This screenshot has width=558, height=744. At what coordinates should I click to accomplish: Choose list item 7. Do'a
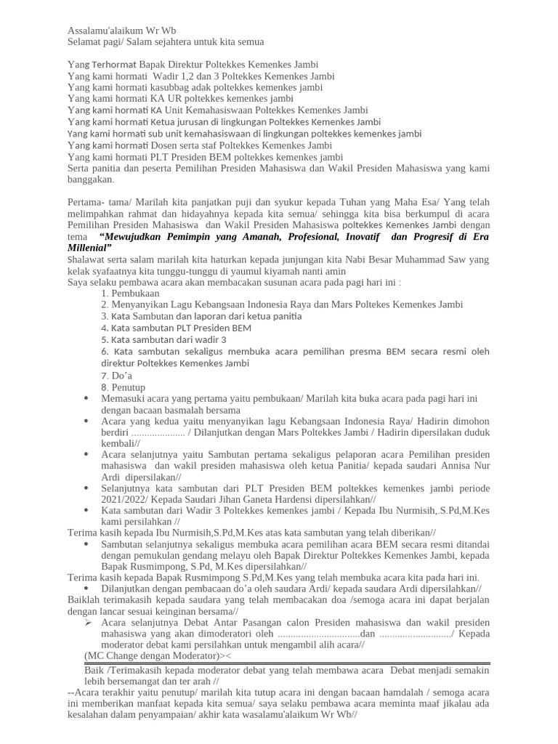point(116,376)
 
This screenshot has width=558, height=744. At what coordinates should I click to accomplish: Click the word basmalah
point(173,411)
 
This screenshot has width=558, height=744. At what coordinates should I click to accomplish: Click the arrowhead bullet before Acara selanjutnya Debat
point(87,623)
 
